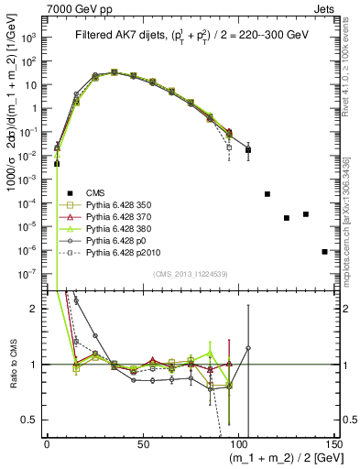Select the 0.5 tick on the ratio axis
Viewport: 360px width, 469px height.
[35, 421]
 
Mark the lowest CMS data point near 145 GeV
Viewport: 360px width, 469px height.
[325, 251]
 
